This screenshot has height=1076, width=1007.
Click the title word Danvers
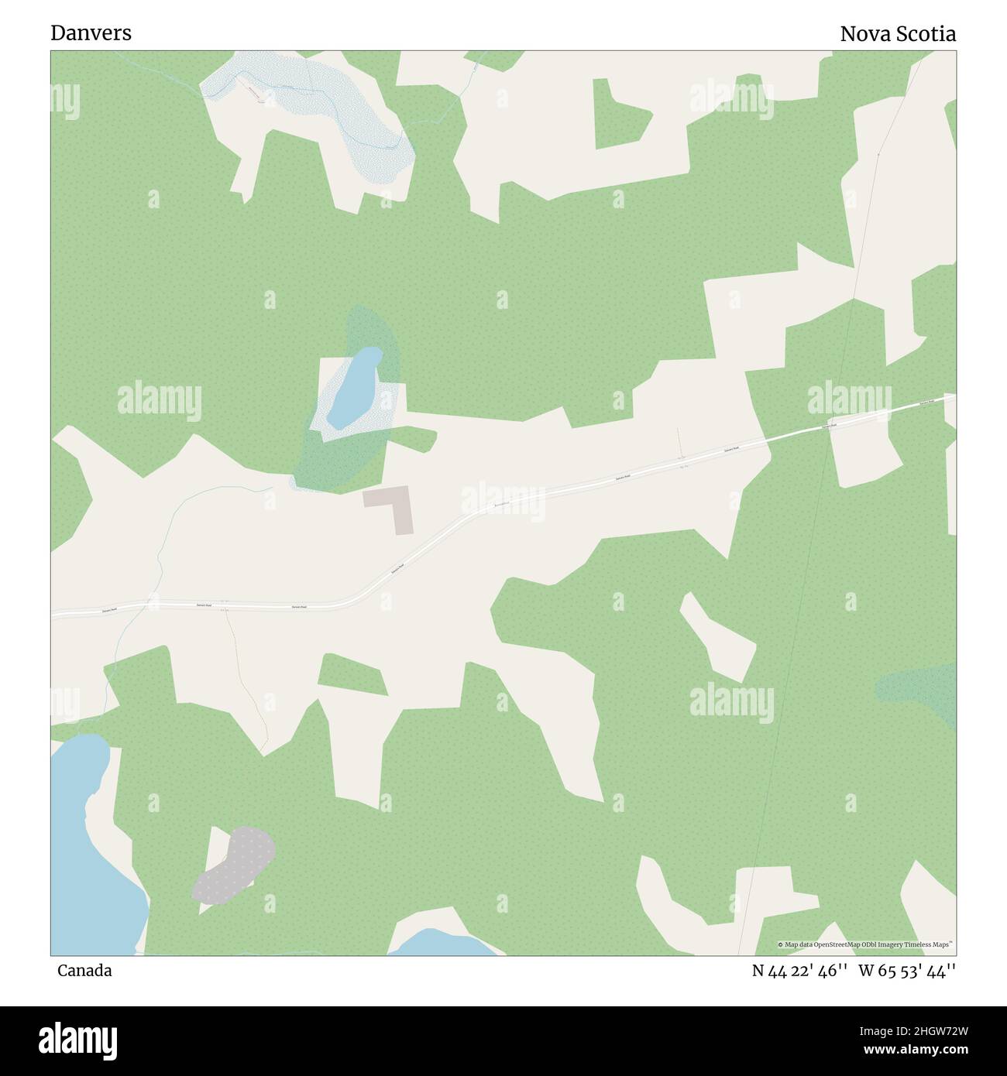coord(91,33)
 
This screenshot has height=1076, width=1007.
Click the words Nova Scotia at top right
coord(897,34)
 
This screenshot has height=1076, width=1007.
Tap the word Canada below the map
coord(84,971)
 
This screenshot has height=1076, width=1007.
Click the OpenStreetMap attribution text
coord(866,944)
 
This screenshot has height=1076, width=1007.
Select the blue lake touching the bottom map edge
coord(442,944)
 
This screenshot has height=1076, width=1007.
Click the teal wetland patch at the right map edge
coord(922,689)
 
